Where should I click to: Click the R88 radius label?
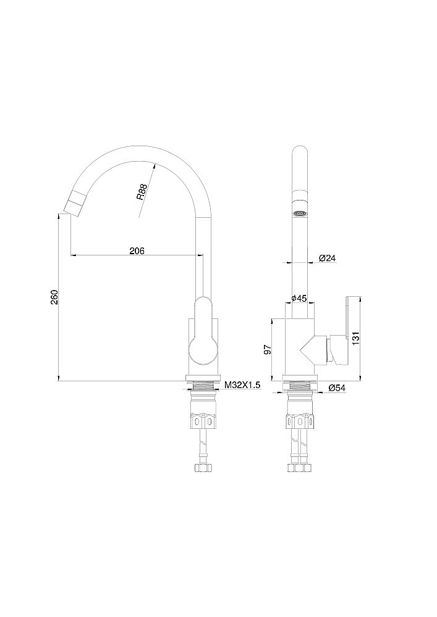[x=142, y=192]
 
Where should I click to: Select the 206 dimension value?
[x=137, y=251]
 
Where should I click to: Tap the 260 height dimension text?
[x=54, y=297]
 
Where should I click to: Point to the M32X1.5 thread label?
[x=242, y=385]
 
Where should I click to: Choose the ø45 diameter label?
[x=299, y=298]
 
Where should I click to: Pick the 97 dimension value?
[x=267, y=349]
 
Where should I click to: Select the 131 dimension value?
[x=355, y=338]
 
